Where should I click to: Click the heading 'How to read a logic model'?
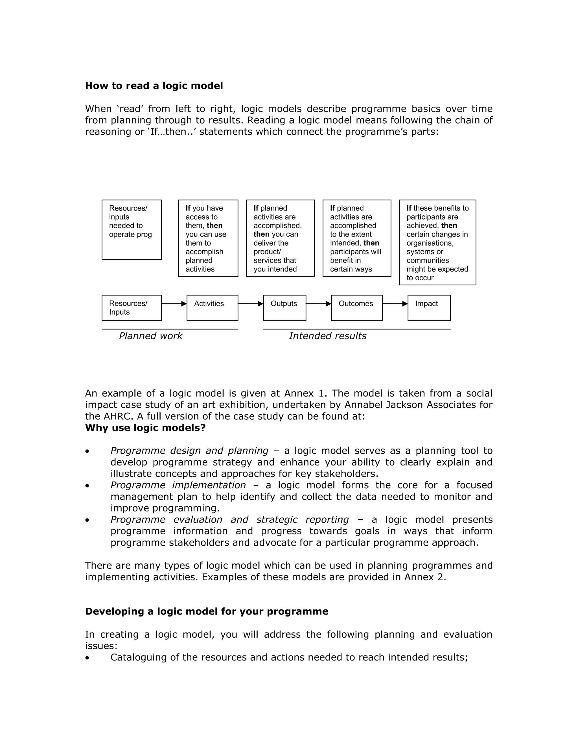(154, 86)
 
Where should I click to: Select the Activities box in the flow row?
(212, 308)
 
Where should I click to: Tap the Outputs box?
(284, 308)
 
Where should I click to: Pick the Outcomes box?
(356, 308)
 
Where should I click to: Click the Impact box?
(429, 308)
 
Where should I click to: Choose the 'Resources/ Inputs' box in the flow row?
(132, 308)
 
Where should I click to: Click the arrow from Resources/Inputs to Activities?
(174, 303)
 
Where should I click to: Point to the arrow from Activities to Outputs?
(250, 303)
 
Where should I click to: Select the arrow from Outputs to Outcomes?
(318, 303)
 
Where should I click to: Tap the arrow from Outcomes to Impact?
(395, 303)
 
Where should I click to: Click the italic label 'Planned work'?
(150, 336)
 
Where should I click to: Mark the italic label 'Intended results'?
(327, 336)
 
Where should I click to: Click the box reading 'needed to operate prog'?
(132, 229)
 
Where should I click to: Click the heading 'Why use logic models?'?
(145, 428)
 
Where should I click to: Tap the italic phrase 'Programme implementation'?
(178, 485)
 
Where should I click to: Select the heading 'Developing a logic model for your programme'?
(207, 611)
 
